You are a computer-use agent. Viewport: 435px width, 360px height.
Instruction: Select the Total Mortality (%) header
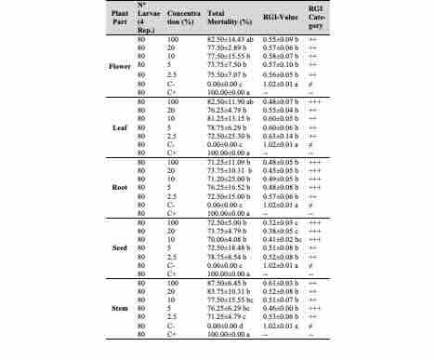point(203,22)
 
